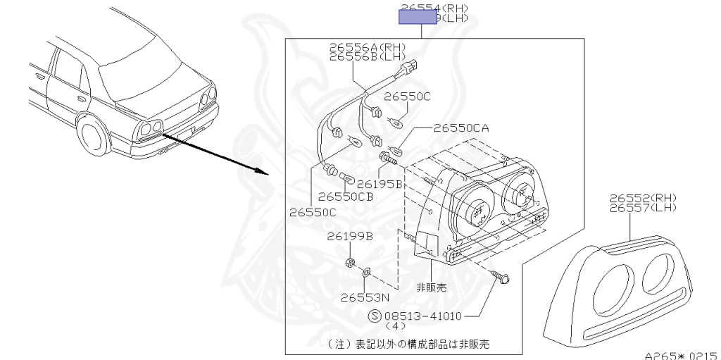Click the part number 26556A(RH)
pyautogui.click(x=368, y=47)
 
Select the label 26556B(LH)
pyautogui.click(x=368, y=56)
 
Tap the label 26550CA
pyautogui.click(x=460, y=128)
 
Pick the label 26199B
pyautogui.click(x=350, y=237)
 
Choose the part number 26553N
pyautogui.click(x=365, y=297)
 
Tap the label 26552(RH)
pyautogui.click(x=642, y=199)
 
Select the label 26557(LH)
pyautogui.click(x=642, y=208)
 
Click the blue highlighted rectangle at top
pyautogui.click(x=419, y=17)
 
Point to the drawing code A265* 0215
pyautogui.click(x=682, y=356)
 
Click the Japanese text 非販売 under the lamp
pyautogui.click(x=431, y=287)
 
